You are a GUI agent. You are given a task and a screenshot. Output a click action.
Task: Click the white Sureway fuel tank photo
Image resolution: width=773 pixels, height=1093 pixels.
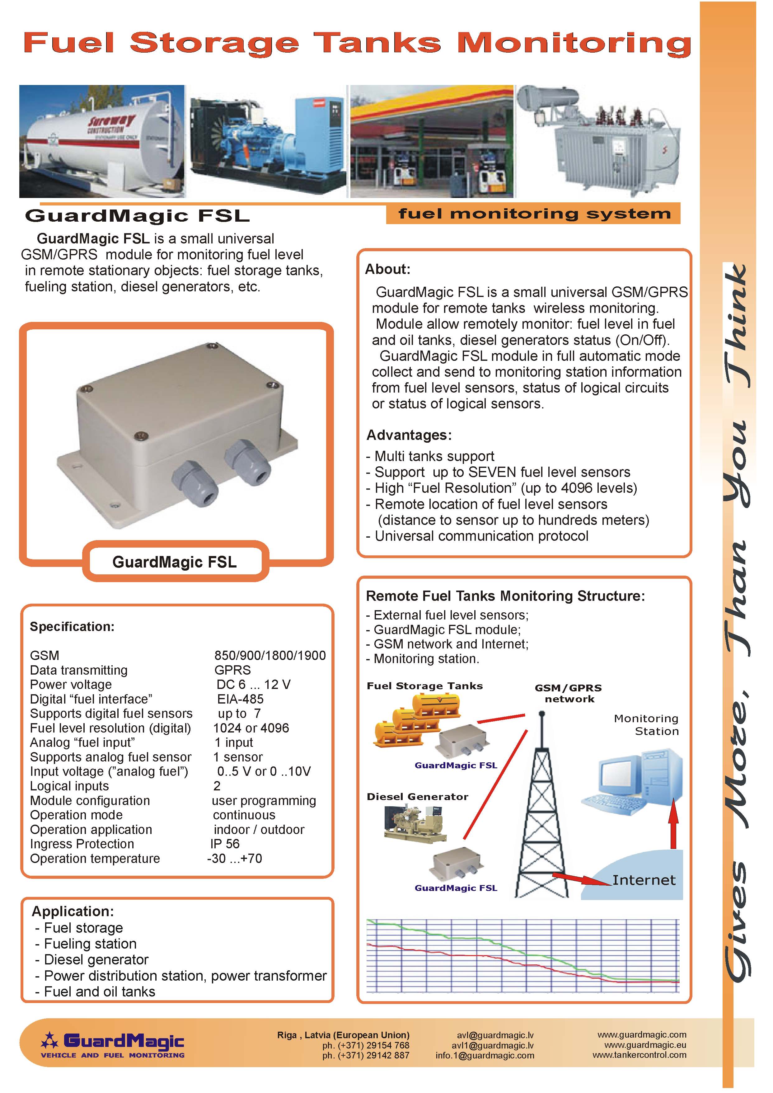tap(101, 141)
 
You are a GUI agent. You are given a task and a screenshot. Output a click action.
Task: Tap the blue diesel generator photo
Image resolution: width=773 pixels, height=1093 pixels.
tap(268, 141)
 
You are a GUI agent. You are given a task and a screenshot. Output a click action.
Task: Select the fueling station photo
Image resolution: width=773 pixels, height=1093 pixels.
tap(432, 141)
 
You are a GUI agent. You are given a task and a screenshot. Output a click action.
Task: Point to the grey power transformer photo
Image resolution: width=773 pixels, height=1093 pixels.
tap(598, 141)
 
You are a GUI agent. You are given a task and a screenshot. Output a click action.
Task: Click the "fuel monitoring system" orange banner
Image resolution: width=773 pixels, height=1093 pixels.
tap(533, 214)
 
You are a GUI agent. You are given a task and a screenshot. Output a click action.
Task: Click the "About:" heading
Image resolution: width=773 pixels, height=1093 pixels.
tap(387, 270)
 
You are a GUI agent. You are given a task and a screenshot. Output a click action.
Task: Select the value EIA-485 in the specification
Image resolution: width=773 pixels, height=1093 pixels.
tap(240, 699)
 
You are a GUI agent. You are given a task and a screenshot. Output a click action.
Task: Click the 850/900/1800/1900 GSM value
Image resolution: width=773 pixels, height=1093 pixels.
tap(270, 656)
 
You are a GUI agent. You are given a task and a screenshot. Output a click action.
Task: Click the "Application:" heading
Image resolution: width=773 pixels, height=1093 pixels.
tap(73, 911)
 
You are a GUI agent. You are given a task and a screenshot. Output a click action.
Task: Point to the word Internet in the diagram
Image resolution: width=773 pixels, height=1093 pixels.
tap(644, 880)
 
